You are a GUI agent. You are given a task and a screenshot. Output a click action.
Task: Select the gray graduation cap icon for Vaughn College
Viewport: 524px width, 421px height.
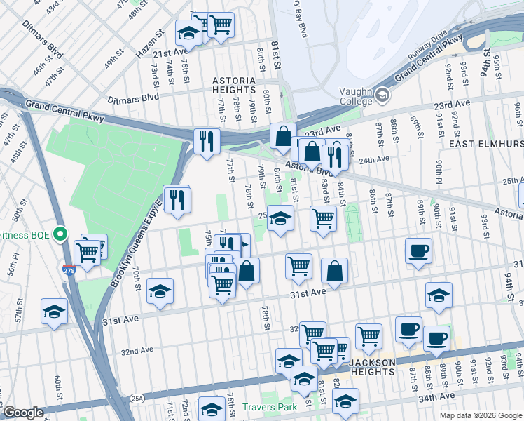click(382, 94)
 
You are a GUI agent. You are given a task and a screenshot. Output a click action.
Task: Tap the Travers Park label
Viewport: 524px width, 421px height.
click(270, 407)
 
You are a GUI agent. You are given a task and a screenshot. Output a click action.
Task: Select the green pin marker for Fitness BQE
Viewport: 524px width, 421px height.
click(61, 234)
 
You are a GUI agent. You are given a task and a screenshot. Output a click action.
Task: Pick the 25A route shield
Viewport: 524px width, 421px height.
click(137, 398)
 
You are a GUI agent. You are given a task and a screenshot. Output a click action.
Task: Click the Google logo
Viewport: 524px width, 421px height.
click(23, 413)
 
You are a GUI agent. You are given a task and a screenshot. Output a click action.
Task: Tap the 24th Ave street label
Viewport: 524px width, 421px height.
click(373, 159)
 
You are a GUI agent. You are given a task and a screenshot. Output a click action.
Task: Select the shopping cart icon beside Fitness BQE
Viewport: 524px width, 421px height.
click(88, 253)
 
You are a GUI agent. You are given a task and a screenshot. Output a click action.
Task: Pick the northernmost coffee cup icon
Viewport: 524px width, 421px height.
click(418, 251)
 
